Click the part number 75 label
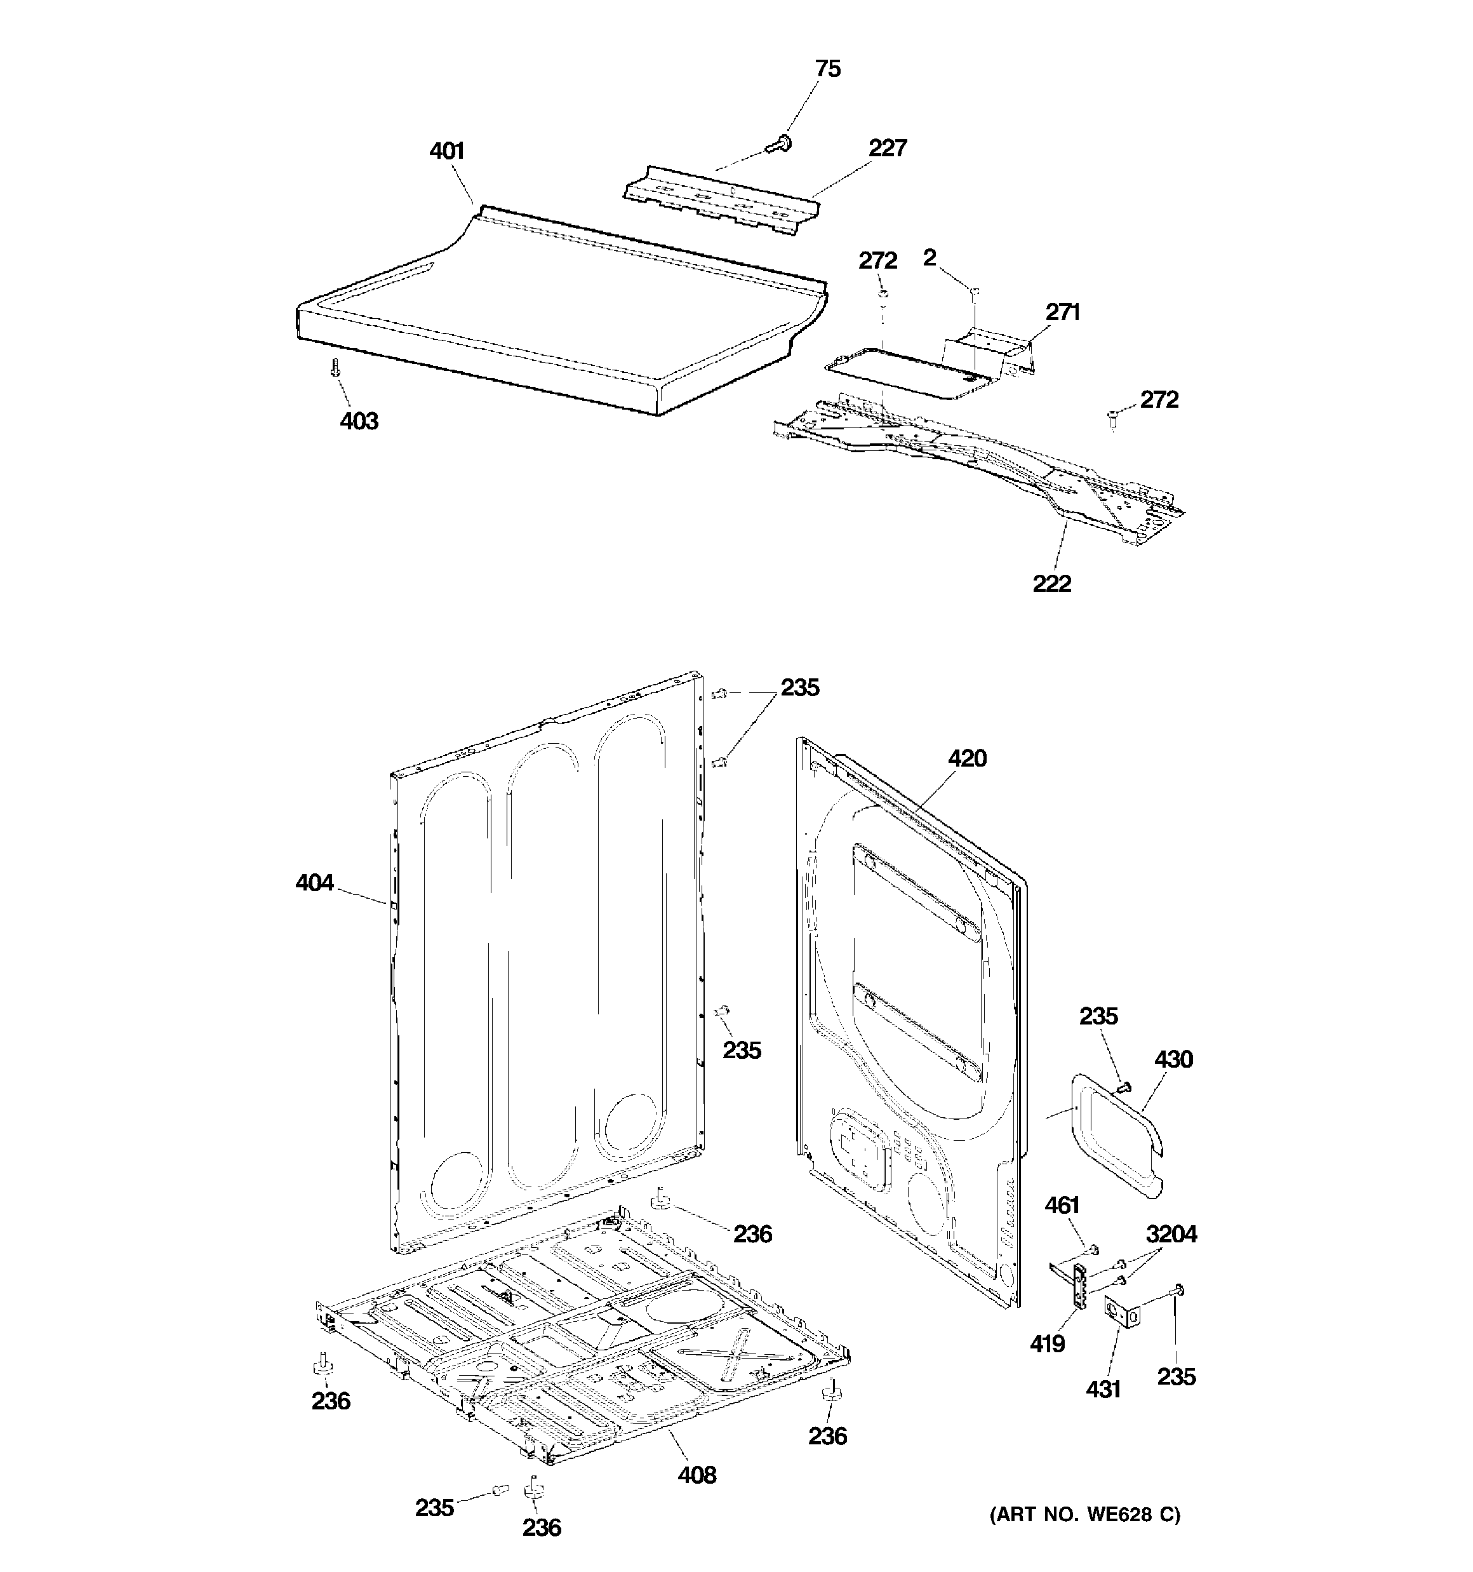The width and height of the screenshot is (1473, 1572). click(827, 69)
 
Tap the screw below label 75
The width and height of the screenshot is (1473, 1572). click(781, 143)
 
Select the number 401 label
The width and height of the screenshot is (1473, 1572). click(447, 151)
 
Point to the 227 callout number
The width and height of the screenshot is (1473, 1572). click(887, 148)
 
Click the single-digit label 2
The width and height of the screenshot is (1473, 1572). click(929, 257)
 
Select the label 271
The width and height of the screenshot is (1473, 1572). click(1062, 312)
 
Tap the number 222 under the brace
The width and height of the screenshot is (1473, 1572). click(1051, 584)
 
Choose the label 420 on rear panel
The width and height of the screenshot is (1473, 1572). click(967, 758)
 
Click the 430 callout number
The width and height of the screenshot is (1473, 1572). click(1173, 1059)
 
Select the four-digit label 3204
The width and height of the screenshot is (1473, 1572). click(1171, 1233)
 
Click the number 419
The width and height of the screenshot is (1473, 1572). click(1047, 1343)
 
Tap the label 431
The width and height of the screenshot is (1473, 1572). click(1102, 1388)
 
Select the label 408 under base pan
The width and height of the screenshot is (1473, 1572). click(697, 1475)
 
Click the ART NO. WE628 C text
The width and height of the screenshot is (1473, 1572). click(1085, 1514)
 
